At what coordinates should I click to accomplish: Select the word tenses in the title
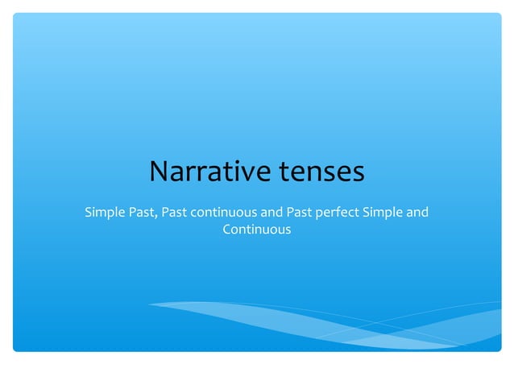pyautogui.click(x=321, y=172)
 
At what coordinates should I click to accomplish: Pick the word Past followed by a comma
pyautogui.click(x=142, y=213)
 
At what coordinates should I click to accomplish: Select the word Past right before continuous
pyautogui.click(x=175, y=213)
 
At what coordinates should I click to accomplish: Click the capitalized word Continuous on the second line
pyautogui.click(x=256, y=230)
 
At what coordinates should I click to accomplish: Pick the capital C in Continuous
pyautogui.click(x=226, y=230)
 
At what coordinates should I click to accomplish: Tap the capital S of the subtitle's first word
pyautogui.click(x=89, y=213)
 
